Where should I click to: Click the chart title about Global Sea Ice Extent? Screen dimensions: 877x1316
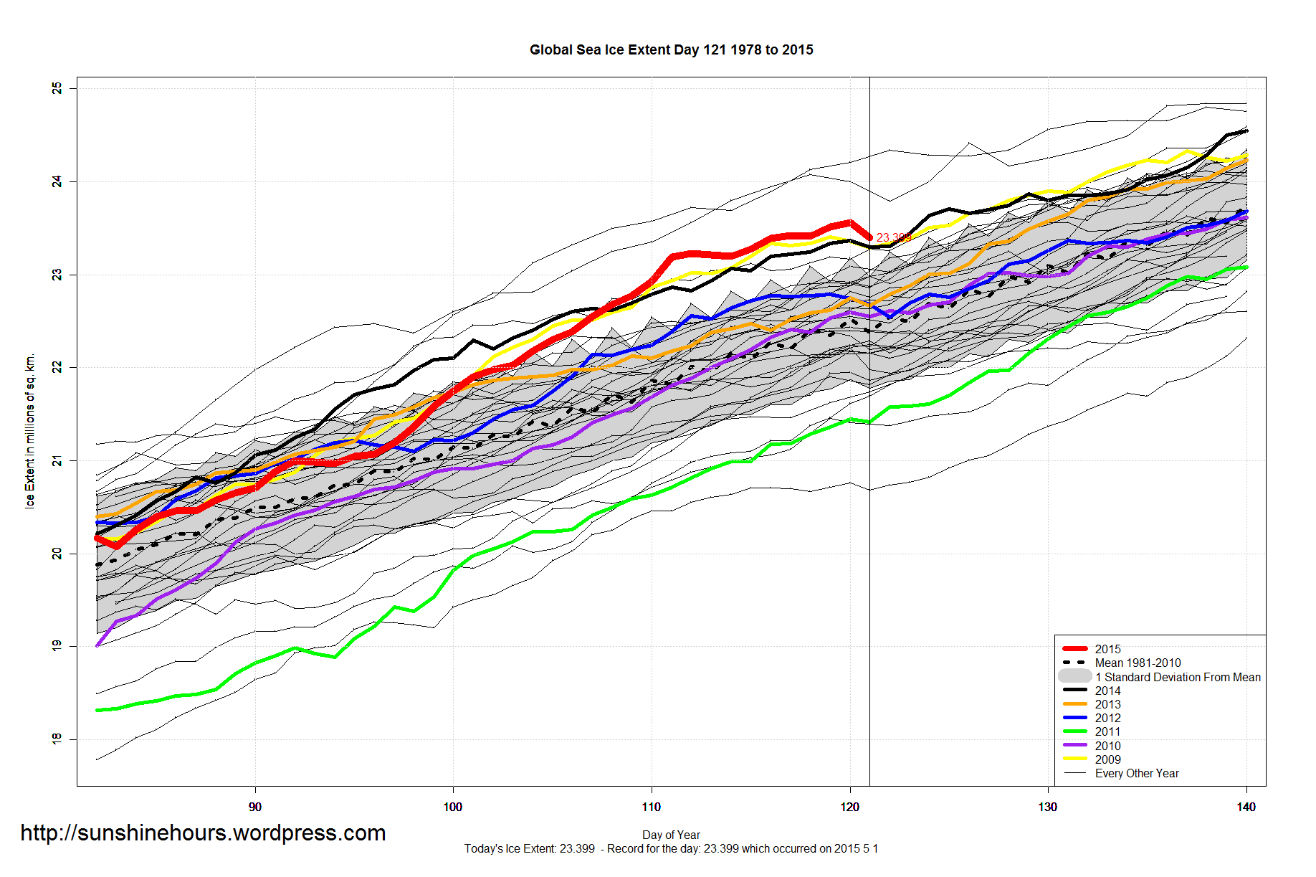671,49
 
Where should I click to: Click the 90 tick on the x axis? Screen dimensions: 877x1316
255,807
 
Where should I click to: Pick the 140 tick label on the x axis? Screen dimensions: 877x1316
1246,807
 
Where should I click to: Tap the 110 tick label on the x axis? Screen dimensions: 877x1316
651,807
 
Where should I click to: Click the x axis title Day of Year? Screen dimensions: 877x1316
671,835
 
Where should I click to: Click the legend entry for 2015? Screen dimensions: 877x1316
1107,649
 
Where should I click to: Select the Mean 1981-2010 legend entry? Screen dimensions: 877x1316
1138,663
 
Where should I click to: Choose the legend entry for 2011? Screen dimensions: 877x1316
1107,731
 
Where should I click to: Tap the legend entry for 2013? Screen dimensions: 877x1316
1107,704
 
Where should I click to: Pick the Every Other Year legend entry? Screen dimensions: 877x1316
1136,773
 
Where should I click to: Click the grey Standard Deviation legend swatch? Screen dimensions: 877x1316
1074,676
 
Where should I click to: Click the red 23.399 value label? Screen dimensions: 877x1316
893,237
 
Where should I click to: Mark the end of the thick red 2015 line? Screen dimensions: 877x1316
869,237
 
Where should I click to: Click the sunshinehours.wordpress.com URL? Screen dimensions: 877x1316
203,833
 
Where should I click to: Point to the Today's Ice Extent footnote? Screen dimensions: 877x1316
671,848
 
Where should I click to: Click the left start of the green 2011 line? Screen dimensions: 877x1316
97,710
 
